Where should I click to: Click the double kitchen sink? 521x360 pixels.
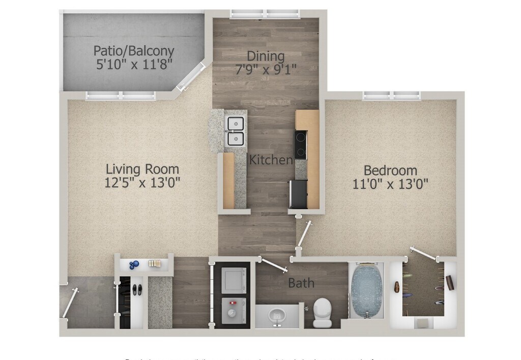(235, 131)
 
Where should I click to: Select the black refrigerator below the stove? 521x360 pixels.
(298, 194)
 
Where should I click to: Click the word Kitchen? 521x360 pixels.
(271, 160)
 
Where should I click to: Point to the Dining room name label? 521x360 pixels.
(266, 55)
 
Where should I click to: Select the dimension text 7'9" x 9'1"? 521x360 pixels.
(266, 69)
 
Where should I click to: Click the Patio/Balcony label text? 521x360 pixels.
(134, 51)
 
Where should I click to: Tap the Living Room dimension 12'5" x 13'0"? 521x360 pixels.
(142, 182)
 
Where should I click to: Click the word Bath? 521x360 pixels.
(301, 283)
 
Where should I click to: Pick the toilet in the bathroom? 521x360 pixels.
(323, 311)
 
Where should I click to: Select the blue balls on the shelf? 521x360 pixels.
(134, 264)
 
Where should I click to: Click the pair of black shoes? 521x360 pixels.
(136, 290)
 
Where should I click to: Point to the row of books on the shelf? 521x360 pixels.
(155, 263)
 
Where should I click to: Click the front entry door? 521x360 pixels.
(70, 304)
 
